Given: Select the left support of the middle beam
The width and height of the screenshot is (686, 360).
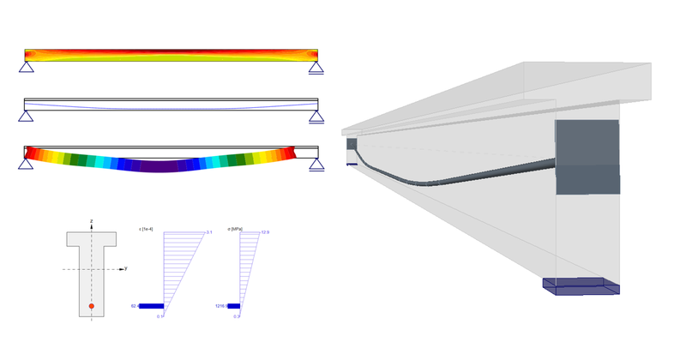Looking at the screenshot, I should click(27, 116).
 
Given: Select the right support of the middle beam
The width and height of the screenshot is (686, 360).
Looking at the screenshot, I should click(316, 116).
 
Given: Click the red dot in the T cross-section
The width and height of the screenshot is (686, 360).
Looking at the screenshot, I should click(92, 305).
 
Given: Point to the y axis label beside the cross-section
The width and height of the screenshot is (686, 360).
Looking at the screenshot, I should click(126, 268).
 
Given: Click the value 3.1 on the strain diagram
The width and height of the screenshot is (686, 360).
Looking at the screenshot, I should click(209, 232).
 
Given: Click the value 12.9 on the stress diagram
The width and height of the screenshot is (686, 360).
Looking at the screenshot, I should click(265, 232).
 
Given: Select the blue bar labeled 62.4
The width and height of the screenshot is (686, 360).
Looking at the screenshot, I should click(151, 305).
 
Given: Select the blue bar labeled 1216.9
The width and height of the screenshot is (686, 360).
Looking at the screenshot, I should click(233, 305).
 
